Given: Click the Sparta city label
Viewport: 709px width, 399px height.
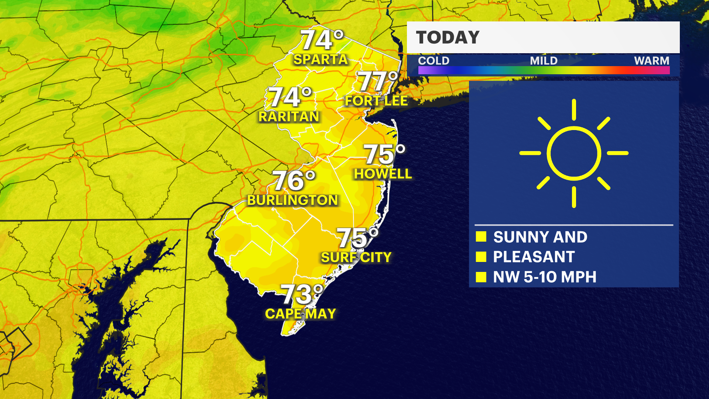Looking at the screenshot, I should tap(321, 59).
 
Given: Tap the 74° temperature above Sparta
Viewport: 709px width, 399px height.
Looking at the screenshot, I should tap(322, 40).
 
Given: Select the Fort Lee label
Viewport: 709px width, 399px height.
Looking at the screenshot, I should tap(376, 101).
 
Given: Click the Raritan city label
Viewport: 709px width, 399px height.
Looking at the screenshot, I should tap(289, 117).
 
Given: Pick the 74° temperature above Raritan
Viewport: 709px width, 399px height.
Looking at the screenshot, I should tap(290, 97).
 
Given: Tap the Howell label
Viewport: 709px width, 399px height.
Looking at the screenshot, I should tap(383, 174).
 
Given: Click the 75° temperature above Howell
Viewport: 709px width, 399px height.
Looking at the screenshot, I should tap(384, 154).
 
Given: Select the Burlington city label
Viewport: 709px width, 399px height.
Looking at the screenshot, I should tap(292, 200).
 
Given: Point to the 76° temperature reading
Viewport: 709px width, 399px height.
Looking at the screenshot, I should tap(294, 181).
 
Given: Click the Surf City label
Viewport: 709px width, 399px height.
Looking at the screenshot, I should tap(356, 258).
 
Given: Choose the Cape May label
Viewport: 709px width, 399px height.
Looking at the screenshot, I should tap(301, 314).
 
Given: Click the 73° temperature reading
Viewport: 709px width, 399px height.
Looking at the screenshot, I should tap(302, 294).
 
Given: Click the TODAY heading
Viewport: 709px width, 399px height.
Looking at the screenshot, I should tap(448, 38).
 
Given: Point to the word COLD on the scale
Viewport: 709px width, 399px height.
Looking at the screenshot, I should tap(434, 61).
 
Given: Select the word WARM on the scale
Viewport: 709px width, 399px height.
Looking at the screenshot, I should tap(651, 61).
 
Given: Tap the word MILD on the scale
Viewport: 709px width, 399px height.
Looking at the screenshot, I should tap(544, 61).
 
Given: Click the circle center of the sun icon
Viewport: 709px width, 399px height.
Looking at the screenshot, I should tap(574, 153).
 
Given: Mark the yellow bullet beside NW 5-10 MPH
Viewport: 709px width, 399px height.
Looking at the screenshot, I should tap(481, 277).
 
